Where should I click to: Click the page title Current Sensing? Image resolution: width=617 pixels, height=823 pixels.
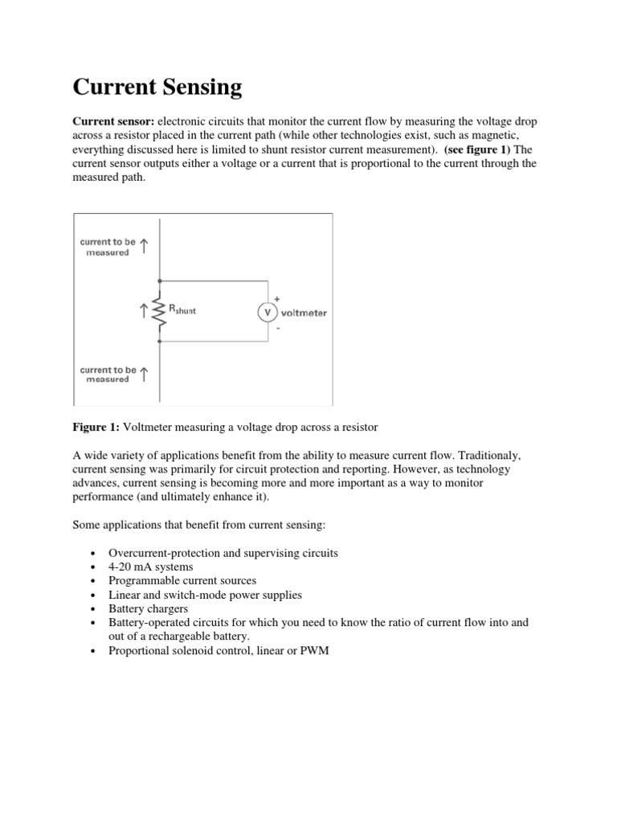(x=157, y=87)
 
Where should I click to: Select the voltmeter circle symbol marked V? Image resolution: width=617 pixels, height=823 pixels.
(x=267, y=313)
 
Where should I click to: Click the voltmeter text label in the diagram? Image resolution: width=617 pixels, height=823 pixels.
(x=304, y=313)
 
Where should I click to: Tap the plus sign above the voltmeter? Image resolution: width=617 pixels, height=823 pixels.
(x=277, y=297)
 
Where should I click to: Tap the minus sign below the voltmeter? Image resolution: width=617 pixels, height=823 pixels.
(x=277, y=328)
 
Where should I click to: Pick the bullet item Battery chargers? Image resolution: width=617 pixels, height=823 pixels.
(x=148, y=608)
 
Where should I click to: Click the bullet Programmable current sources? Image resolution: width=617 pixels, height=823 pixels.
(x=182, y=580)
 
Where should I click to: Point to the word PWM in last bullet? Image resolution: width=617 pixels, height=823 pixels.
(x=315, y=651)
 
